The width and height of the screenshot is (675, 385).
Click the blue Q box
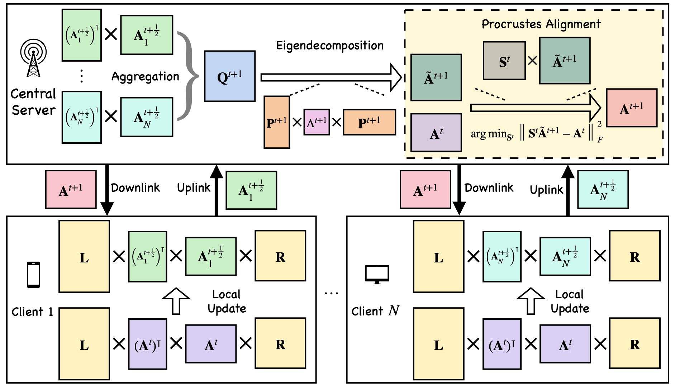[230, 76]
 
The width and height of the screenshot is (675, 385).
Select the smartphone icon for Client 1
[33, 275]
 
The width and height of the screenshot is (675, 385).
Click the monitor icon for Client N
[377, 275]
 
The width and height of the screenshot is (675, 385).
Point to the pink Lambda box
[317, 122]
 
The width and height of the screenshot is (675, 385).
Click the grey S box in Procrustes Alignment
[504, 61]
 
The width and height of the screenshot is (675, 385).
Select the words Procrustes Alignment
[541, 24]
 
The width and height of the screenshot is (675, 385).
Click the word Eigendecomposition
[330, 46]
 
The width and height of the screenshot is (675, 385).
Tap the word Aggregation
[145, 76]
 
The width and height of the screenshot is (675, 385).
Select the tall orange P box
[277, 122]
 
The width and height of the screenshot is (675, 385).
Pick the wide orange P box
[369, 122]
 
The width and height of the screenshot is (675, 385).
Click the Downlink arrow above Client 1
[107, 190]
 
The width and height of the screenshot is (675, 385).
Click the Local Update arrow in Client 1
[176, 300]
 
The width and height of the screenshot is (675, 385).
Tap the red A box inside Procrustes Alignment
[632, 108]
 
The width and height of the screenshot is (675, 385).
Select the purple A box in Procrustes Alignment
[436, 133]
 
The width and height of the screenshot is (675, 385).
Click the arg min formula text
[536, 134]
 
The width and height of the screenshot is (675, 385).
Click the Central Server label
[33, 102]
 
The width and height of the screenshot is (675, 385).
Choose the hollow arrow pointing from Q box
[330, 77]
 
